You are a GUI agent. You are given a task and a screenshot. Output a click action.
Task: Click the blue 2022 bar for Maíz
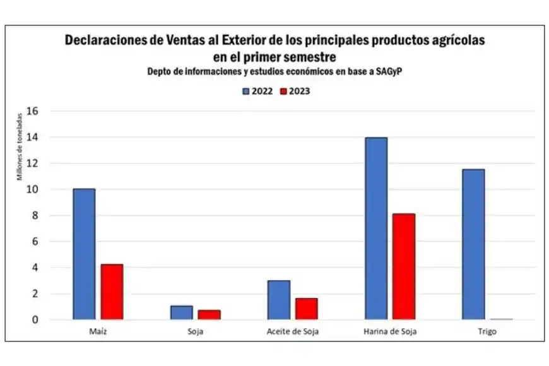[83, 254]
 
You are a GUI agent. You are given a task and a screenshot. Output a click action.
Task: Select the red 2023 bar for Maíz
[112, 292]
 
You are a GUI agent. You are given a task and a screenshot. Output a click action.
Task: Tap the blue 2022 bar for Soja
[181, 312]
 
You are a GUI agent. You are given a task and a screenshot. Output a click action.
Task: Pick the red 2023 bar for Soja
[209, 314]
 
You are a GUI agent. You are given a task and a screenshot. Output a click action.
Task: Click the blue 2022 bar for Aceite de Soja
[278, 300]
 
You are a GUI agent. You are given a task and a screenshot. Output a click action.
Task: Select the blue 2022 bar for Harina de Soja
[376, 228]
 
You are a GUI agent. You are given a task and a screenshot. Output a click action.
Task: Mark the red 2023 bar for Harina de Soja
[404, 266]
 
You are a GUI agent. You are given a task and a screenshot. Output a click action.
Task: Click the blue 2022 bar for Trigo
[473, 244]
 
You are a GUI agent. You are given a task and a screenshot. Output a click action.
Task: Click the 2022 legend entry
[257, 91]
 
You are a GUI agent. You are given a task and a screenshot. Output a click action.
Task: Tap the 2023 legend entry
[294, 91]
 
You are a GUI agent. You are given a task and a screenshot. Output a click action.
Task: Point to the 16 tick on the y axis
[34, 111]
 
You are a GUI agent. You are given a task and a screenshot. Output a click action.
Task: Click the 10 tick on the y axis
[34, 189]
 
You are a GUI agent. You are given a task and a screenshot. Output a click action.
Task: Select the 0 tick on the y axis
[36, 320]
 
